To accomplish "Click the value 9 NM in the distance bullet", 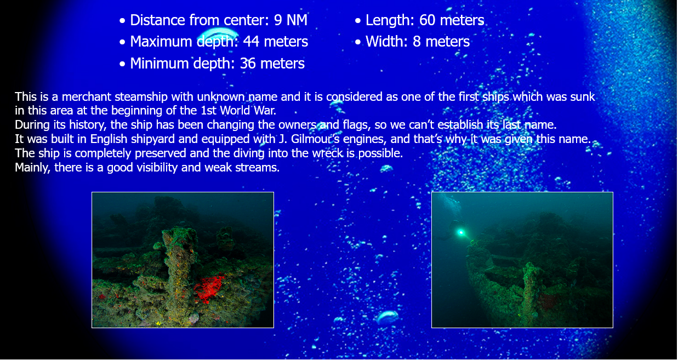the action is pyautogui.click(x=290, y=20).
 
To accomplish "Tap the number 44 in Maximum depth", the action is pyautogui.click(x=251, y=42).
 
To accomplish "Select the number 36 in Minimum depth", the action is pyautogui.click(x=248, y=64).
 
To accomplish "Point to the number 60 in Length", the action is pyautogui.click(x=427, y=20).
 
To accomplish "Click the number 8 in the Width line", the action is pyautogui.click(x=417, y=42).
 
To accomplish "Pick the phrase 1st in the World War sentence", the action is pyautogui.click(x=209, y=111).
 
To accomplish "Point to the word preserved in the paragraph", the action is pyautogui.click(x=161, y=153).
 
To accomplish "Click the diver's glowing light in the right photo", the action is pyautogui.click(x=461, y=232).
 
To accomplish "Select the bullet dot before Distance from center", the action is pyautogui.click(x=122, y=21).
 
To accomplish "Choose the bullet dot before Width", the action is pyautogui.click(x=358, y=42).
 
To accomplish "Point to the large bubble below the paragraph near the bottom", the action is pyautogui.click(x=388, y=317).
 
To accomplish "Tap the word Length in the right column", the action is pyautogui.click(x=390, y=20).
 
